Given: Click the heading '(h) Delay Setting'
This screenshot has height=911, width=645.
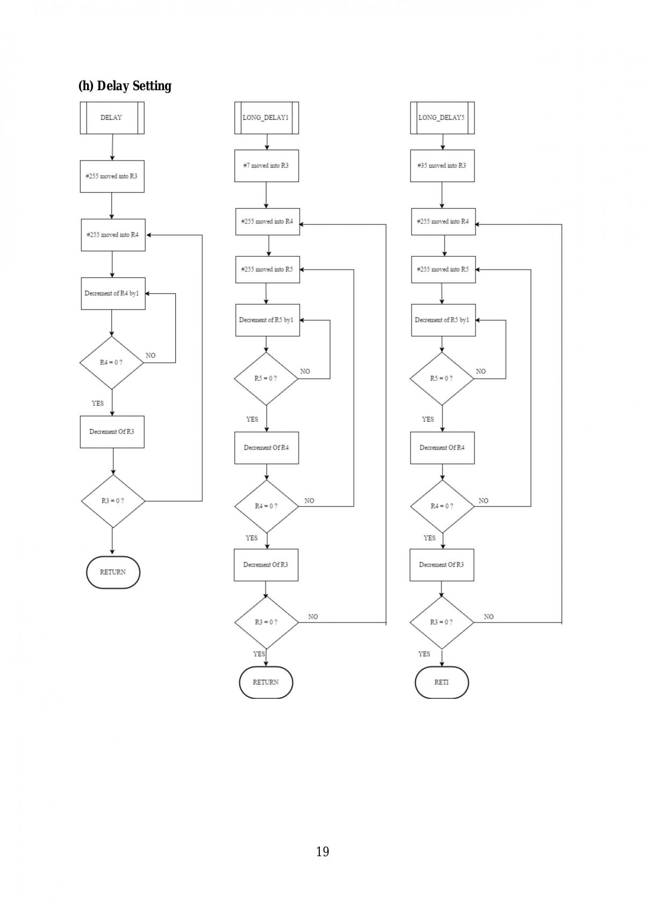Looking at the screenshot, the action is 125,86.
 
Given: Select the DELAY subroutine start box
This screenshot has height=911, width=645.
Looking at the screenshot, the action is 112,118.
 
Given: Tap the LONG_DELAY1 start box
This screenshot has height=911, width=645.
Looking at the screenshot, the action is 267,118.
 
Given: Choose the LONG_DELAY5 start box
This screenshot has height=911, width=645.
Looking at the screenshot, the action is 442,118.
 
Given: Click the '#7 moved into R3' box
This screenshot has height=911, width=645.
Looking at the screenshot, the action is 267,166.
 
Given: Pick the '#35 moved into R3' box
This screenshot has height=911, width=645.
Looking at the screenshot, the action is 442,166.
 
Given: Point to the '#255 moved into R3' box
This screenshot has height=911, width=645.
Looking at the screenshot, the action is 112,177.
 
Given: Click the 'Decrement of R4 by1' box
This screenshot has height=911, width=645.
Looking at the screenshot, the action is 113,294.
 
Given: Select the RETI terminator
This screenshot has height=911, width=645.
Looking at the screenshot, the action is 442,682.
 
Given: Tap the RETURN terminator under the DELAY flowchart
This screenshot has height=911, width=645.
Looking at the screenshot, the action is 113,572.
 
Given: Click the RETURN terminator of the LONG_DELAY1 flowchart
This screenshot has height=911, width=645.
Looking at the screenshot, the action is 266,682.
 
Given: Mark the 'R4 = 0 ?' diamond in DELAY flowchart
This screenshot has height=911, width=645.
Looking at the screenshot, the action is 111,363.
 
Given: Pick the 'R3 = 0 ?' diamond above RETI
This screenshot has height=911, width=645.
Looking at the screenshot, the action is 442,623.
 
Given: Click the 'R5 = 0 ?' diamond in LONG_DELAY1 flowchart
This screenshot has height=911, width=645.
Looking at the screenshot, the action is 266,379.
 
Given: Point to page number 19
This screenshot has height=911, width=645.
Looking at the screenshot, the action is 322,851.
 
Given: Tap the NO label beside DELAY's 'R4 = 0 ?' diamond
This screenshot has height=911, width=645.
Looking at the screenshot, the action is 150,356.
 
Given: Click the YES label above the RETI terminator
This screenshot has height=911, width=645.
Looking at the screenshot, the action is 424,654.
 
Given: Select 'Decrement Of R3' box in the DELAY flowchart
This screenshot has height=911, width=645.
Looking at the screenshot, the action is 112,432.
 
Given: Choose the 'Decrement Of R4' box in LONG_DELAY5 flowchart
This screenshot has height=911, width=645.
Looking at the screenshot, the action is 442,448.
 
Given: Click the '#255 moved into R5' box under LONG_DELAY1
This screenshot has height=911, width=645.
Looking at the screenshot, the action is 268,270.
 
